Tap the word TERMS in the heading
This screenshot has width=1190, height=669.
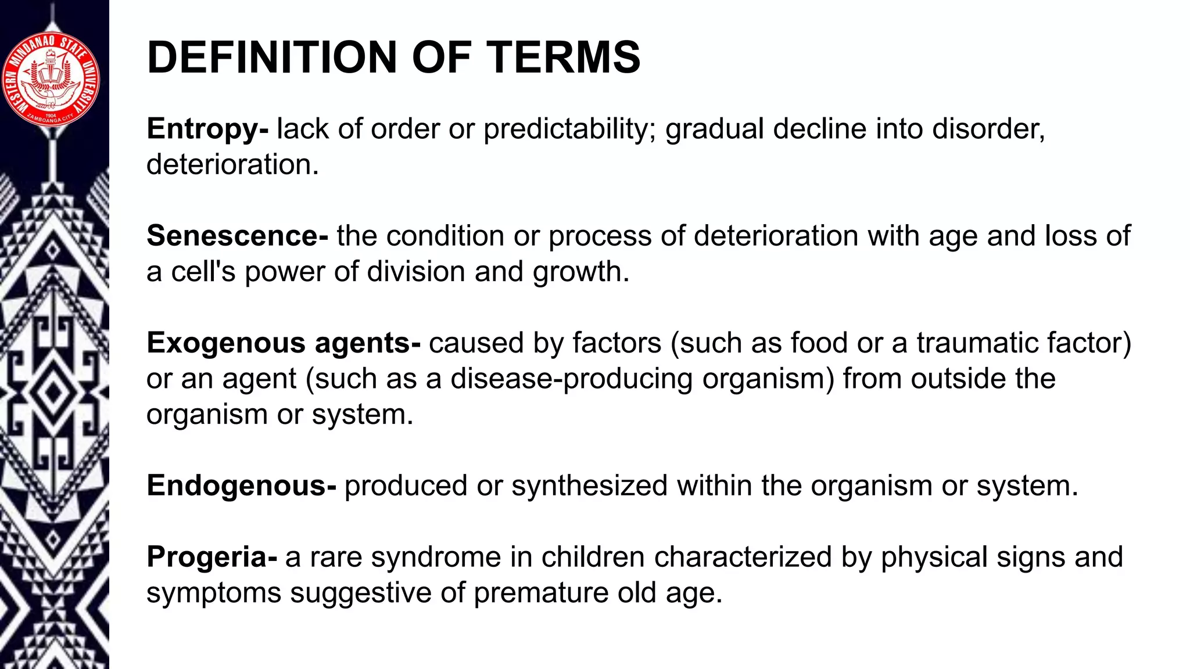point(563,57)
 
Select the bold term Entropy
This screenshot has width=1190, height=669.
point(203,129)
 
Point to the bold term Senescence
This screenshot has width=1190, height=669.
point(233,236)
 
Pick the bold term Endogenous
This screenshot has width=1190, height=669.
point(236,485)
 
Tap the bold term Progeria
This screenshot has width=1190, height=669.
point(207,557)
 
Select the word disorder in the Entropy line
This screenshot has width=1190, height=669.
point(987,129)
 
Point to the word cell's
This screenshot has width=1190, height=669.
point(203,272)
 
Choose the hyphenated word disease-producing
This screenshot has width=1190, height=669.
point(571,379)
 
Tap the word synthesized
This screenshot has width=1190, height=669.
point(589,485)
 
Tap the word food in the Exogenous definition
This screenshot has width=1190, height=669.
point(819,343)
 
